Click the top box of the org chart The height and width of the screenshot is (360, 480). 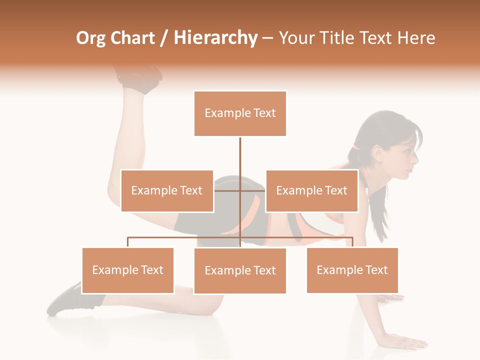[240, 113]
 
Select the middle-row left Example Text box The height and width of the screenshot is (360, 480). [167, 190]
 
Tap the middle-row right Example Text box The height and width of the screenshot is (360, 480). [311, 190]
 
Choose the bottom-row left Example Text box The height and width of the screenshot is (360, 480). [128, 270]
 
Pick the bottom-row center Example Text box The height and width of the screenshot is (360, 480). [240, 271]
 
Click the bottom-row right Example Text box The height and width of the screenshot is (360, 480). [352, 270]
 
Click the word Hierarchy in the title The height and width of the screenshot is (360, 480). [215, 38]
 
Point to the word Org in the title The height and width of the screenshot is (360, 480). [90, 38]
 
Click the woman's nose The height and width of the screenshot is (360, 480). [415, 158]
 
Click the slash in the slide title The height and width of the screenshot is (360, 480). [164, 38]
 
